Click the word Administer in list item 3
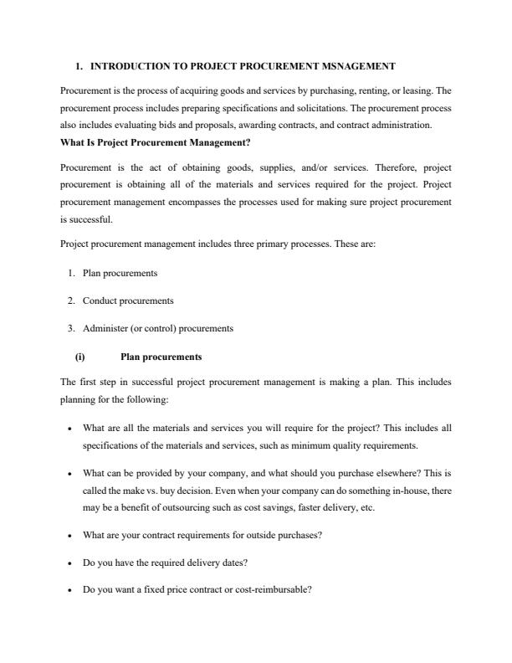click(x=106, y=328)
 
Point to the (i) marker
click(x=80, y=357)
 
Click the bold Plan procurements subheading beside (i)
click(x=161, y=357)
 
